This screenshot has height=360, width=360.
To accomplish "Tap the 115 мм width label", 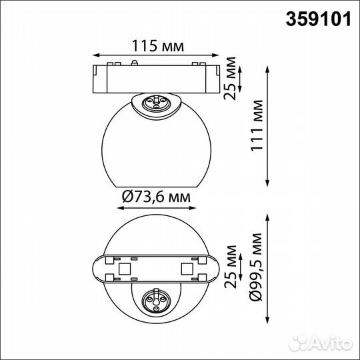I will (155, 46).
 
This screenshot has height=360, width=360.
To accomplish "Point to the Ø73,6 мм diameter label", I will (154, 197).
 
